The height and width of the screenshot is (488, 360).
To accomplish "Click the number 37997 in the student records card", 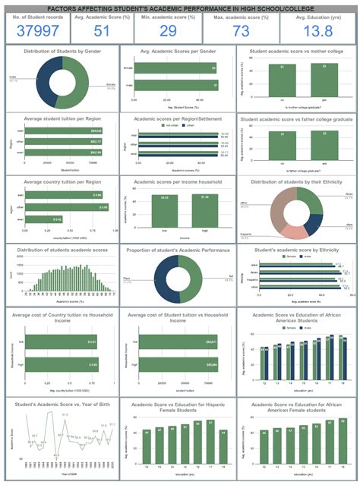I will click(x=37, y=30).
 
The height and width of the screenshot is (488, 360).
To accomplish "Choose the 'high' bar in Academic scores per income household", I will click(x=201, y=210).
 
